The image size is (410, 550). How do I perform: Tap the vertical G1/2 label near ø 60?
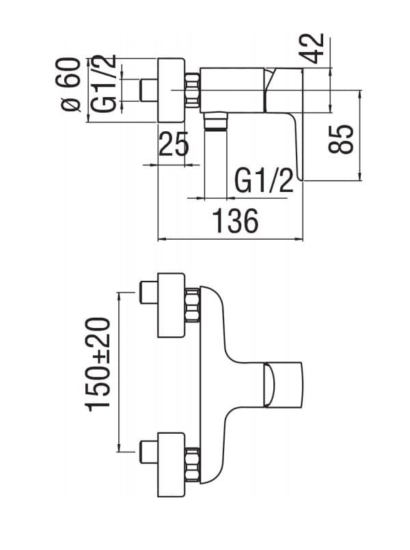click(x=104, y=85)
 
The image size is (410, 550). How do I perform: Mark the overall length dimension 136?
click(x=234, y=222)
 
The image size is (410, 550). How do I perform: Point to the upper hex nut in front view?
click(x=193, y=305)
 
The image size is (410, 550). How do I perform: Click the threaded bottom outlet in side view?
click(x=216, y=122)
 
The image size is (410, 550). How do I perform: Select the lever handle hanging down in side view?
click(x=297, y=147)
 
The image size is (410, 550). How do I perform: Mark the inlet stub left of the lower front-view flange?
click(x=148, y=452)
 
